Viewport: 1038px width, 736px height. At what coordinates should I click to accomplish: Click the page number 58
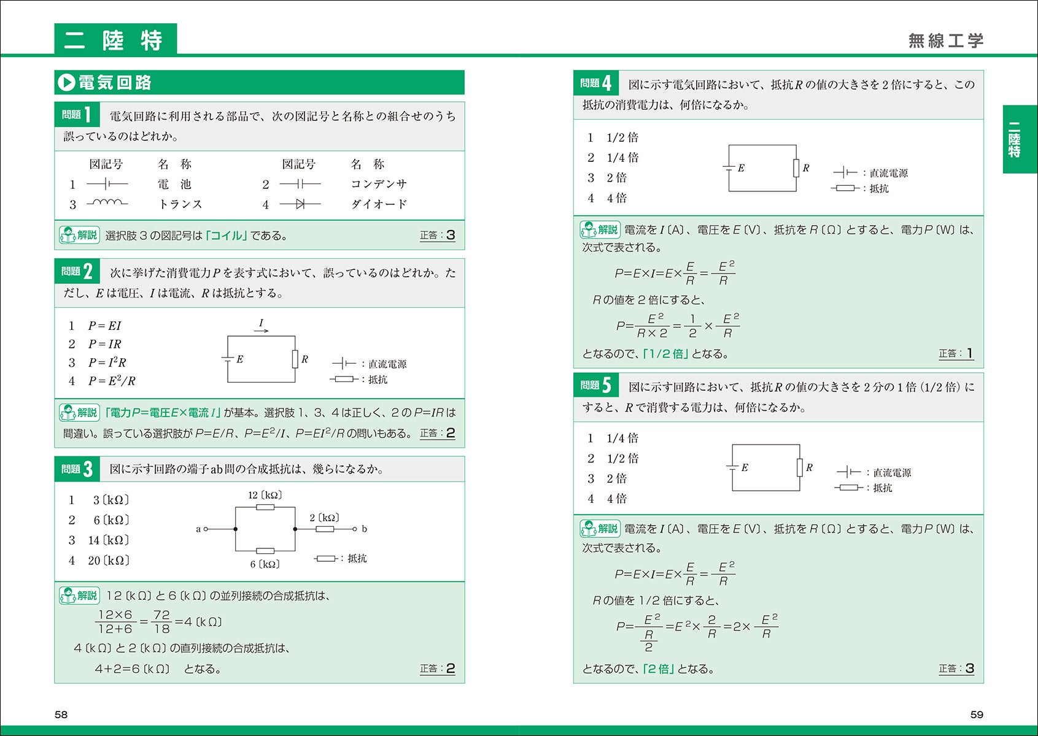click(61, 715)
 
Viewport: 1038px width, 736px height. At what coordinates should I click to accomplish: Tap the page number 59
click(977, 715)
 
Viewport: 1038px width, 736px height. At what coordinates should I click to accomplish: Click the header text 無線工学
click(946, 40)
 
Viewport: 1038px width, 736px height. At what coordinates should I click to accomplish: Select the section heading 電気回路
click(115, 82)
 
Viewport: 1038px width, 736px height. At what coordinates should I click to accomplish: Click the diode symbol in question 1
click(300, 204)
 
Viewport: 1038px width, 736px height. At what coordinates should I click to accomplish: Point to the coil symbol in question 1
click(107, 203)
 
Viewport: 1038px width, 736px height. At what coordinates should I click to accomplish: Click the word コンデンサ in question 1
click(379, 184)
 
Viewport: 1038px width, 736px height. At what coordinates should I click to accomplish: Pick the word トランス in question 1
click(180, 204)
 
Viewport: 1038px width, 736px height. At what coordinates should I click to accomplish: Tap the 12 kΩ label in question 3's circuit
click(265, 495)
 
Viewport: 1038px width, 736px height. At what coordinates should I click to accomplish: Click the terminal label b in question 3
click(364, 529)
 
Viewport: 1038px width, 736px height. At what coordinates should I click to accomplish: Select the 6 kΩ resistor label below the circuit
click(265, 564)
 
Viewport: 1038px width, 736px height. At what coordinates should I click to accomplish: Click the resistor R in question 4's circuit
click(796, 168)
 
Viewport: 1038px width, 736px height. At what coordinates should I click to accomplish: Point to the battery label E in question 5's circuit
click(745, 467)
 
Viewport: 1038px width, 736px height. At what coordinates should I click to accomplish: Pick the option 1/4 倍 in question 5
click(622, 438)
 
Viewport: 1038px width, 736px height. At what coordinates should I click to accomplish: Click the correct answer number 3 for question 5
click(970, 669)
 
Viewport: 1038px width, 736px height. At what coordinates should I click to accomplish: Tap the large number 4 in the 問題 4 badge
click(606, 83)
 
